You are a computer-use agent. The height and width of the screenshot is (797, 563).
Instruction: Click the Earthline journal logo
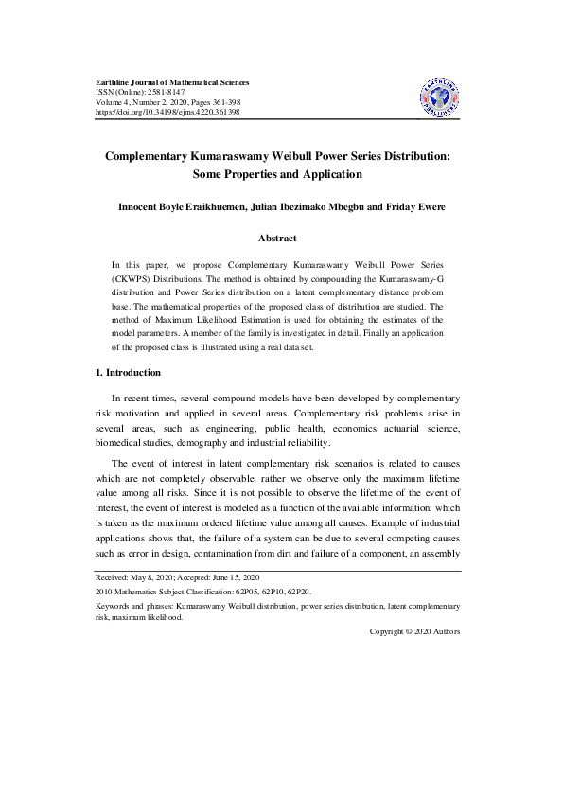click(x=438, y=95)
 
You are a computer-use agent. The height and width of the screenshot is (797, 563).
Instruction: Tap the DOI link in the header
click(x=167, y=112)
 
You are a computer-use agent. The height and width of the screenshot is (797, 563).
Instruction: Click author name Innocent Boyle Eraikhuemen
click(x=178, y=206)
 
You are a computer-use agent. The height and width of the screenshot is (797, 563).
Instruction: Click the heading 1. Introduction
click(x=133, y=373)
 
